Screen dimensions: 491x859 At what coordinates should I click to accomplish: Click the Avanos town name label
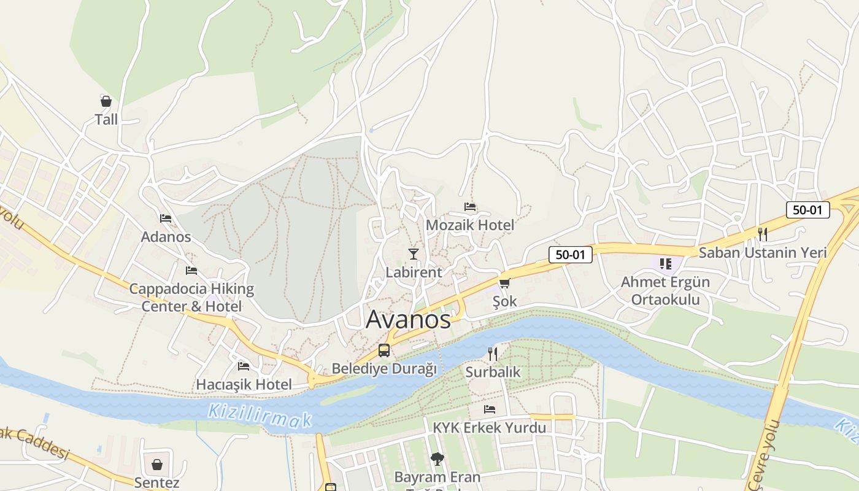(x=408, y=319)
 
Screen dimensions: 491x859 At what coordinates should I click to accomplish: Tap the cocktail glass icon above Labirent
(x=414, y=253)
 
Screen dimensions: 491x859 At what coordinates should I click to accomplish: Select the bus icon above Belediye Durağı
(x=384, y=350)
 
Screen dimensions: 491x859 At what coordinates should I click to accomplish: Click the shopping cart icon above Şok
(x=504, y=283)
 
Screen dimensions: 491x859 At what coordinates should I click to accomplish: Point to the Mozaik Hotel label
(x=470, y=225)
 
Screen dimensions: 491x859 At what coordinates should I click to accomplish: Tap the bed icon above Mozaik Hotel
(x=470, y=207)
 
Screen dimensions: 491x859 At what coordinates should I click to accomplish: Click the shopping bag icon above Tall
(x=106, y=101)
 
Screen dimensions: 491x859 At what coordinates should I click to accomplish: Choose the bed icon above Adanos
(x=166, y=218)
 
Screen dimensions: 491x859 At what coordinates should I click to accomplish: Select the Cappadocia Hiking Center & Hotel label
(x=191, y=297)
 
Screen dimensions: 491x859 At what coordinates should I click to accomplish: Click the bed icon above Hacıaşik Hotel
(x=244, y=366)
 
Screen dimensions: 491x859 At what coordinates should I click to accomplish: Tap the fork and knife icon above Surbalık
(x=492, y=354)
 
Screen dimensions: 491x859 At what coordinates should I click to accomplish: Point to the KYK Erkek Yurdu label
(x=490, y=427)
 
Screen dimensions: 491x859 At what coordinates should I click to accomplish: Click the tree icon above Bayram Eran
(x=437, y=458)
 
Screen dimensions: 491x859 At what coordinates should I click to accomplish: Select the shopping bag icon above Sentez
(x=157, y=464)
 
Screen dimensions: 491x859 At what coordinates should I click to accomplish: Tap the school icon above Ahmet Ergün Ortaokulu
(x=666, y=264)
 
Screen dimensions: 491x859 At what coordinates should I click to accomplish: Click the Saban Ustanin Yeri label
(x=763, y=252)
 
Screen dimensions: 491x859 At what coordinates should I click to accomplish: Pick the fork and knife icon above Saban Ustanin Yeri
(x=763, y=234)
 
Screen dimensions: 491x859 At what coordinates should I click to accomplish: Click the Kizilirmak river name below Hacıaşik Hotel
(x=260, y=416)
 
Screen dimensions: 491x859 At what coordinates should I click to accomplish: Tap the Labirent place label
(x=414, y=272)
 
